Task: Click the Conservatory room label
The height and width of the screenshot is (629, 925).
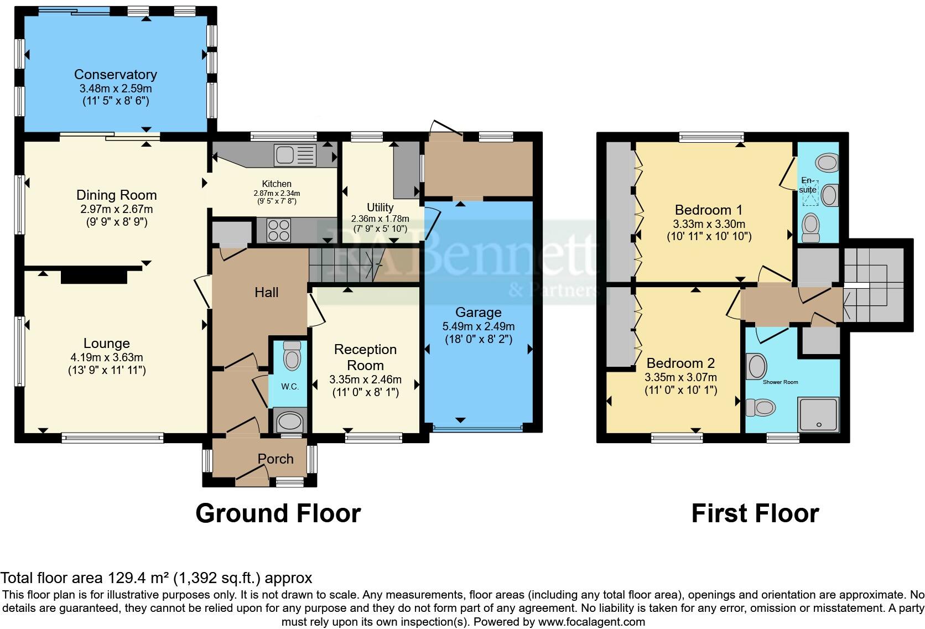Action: (x=116, y=75)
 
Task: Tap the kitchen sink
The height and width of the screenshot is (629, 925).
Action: (x=294, y=154)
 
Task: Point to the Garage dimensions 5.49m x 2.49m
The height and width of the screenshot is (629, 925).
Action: (x=479, y=326)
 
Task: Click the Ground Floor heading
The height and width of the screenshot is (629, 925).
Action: (x=278, y=513)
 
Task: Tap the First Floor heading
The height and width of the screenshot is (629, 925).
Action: (x=755, y=513)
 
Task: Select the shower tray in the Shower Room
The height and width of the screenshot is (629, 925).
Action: (x=818, y=414)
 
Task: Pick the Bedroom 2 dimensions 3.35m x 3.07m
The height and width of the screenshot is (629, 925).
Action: (x=680, y=378)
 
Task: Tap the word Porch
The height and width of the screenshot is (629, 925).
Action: (x=276, y=459)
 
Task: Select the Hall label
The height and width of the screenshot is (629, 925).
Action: (x=266, y=292)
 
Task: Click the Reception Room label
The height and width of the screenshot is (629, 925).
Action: (x=365, y=357)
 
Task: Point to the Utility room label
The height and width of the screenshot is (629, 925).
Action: (x=380, y=207)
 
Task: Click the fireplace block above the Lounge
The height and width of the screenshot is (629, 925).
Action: (x=93, y=275)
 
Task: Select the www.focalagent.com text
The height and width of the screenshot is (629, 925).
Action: (x=591, y=621)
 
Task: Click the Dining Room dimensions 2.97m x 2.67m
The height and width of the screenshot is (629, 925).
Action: (x=116, y=209)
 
